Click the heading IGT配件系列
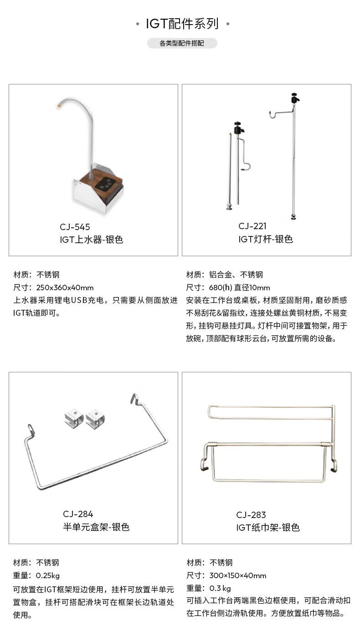pyautogui.click(x=182, y=24)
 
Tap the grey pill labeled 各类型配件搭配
pyautogui.click(x=182, y=44)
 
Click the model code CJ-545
pyautogui.click(x=75, y=227)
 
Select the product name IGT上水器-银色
pyautogui.click(x=92, y=240)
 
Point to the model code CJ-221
pyautogui.click(x=252, y=226)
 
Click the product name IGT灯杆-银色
pyautogui.click(x=266, y=239)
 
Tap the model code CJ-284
pyautogui.click(x=78, y=514)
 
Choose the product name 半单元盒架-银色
pyautogui.click(x=96, y=527)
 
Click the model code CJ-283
pyautogui.click(x=251, y=515)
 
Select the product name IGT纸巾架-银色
pyautogui.click(x=268, y=528)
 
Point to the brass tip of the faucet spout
pyautogui.click(x=58, y=105)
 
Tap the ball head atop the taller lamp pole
pyautogui.click(x=294, y=98)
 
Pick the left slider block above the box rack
pyautogui.click(x=74, y=418)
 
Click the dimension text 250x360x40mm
pyautogui.click(x=65, y=287)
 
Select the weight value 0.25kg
pyautogui.click(x=48, y=575)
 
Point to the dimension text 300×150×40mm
pyautogui.click(x=238, y=575)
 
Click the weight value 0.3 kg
pyautogui.click(x=220, y=588)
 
